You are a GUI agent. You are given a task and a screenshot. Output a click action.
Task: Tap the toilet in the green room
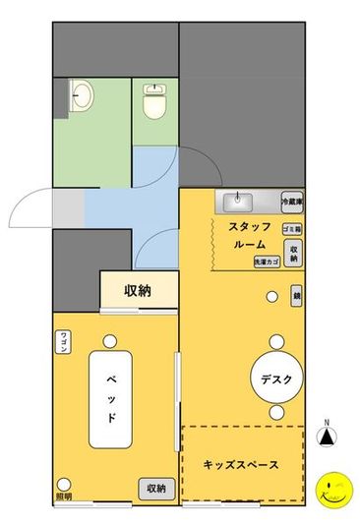[x=155, y=101]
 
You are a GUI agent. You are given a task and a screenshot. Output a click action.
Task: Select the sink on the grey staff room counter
[x=238, y=203]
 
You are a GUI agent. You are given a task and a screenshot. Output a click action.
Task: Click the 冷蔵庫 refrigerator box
[x=292, y=202]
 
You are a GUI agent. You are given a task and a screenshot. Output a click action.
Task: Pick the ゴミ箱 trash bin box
[x=292, y=228]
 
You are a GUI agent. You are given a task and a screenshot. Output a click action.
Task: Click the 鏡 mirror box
[x=296, y=294]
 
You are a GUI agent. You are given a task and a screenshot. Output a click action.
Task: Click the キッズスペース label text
[x=241, y=464]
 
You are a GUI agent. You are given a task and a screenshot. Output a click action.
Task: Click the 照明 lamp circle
[x=64, y=484]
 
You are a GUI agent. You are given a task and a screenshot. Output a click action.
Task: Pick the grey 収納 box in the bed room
[x=155, y=488]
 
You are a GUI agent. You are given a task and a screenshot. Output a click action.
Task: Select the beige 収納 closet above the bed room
[x=138, y=291]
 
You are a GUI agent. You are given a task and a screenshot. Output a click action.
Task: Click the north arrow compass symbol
[x=330, y=439]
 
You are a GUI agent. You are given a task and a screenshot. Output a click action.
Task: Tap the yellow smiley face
[x=332, y=489]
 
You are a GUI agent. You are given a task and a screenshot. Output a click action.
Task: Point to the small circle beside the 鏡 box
[x=271, y=295]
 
